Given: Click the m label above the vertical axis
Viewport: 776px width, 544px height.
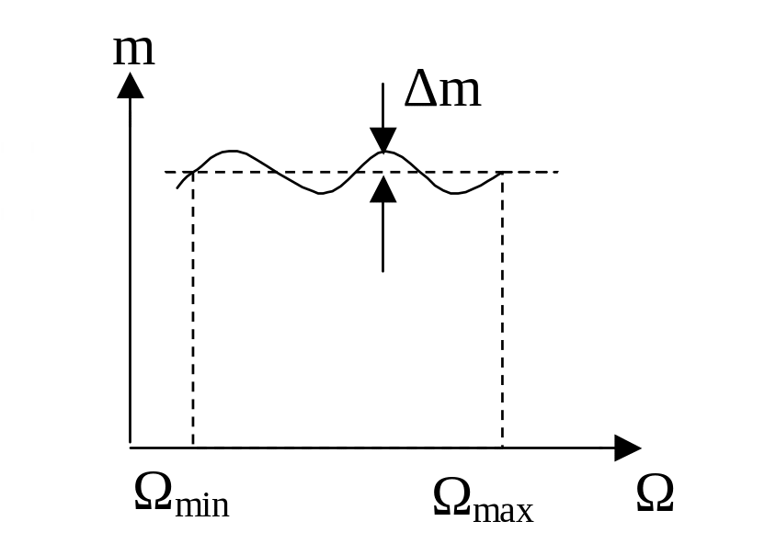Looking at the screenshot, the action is [x=134, y=51].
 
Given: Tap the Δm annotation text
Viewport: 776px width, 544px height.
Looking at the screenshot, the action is [x=442, y=89].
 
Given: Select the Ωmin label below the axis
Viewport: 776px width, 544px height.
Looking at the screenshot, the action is [x=182, y=495].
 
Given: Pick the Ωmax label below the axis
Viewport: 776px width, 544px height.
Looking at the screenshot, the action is [x=483, y=501].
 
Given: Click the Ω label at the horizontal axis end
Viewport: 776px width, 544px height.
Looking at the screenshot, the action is [x=655, y=493].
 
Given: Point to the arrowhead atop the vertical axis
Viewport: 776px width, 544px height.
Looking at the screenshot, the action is [x=131, y=85].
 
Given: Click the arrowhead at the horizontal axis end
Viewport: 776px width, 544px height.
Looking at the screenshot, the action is [x=628, y=448].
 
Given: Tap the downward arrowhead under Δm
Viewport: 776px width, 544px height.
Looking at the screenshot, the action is [x=383, y=140].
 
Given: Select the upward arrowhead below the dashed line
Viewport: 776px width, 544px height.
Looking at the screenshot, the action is [x=383, y=189].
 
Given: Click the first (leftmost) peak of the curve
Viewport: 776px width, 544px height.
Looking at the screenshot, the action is [x=231, y=152].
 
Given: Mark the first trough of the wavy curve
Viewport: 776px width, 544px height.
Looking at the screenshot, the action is [x=320, y=193].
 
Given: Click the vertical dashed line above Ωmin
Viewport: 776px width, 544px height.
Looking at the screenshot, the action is [x=193, y=310].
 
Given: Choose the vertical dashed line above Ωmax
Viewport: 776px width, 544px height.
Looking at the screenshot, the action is [x=502, y=310].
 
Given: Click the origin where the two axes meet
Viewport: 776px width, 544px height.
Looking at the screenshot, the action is [x=131, y=448].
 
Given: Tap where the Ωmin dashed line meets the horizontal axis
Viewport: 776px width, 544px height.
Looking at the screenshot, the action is [x=193, y=448].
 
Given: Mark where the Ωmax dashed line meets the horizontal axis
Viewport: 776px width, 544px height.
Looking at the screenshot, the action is [x=502, y=448].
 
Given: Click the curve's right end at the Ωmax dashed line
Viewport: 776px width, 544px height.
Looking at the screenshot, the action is [x=502, y=172].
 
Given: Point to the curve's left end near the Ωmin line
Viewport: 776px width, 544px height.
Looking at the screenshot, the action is [x=177, y=188].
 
